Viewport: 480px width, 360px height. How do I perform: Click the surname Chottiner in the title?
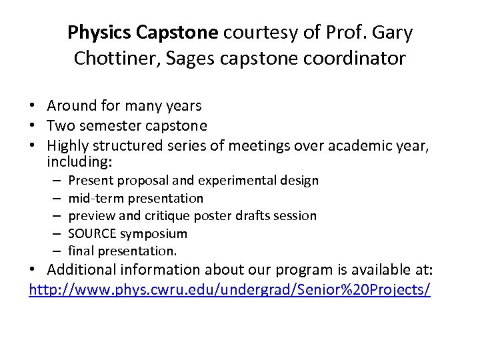117,59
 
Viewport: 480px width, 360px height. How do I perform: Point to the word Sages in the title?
192,59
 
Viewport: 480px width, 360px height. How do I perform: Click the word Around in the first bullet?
70,105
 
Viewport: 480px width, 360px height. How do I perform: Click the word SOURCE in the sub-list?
94,233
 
